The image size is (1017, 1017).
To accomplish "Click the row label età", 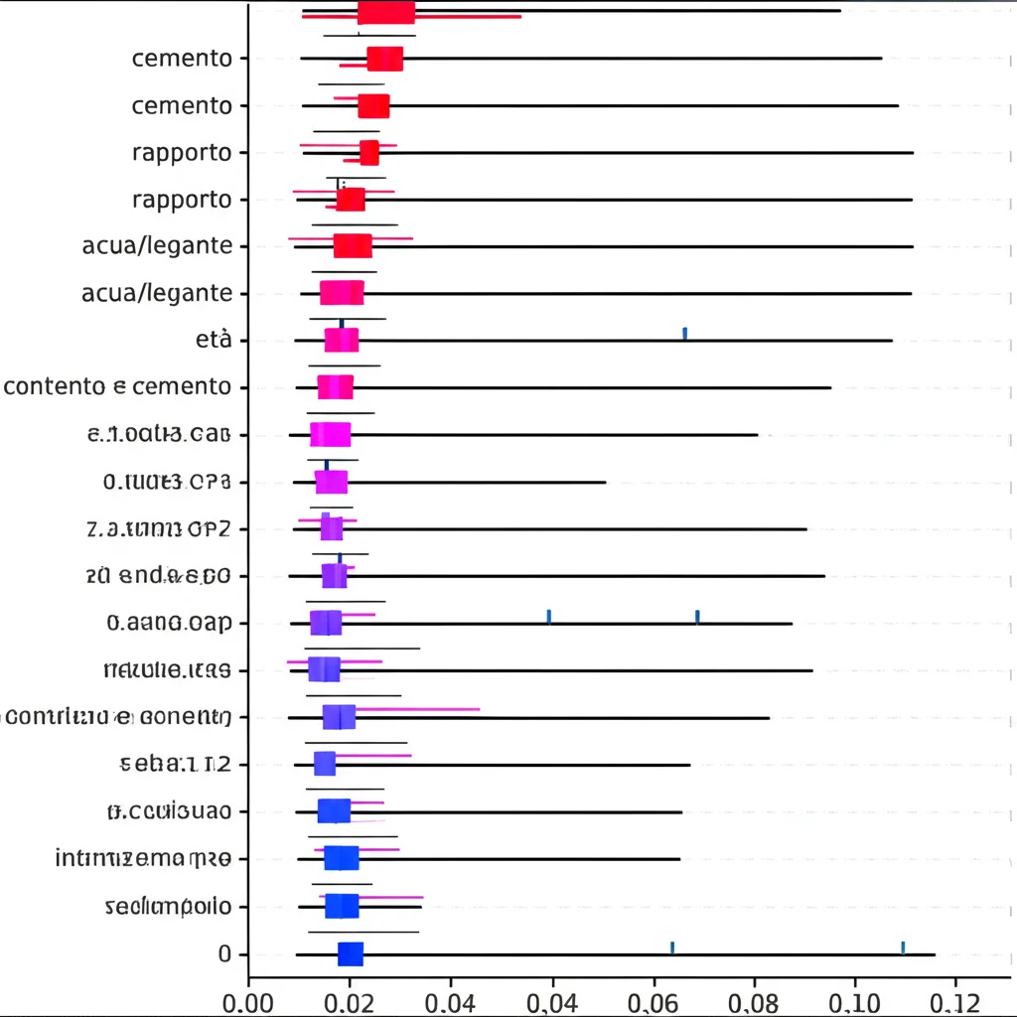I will click(215, 340).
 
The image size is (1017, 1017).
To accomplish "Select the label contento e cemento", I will click(118, 386).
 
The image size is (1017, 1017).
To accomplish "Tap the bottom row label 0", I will click(224, 954).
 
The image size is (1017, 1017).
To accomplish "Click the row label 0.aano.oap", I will click(168, 624).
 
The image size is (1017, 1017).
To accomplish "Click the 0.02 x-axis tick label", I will click(350, 997).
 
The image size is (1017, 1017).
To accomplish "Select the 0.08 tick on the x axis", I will click(755, 997).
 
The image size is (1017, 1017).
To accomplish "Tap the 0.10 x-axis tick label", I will click(855, 997).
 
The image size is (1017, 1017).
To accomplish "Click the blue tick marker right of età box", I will click(684, 333).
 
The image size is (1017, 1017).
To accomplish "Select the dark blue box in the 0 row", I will click(351, 954).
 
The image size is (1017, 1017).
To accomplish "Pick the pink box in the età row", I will click(342, 340).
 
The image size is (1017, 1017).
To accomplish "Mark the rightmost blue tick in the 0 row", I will click(902, 947).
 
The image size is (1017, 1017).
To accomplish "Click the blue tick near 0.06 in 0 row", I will click(672, 947).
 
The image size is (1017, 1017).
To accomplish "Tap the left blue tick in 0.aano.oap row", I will click(548, 617).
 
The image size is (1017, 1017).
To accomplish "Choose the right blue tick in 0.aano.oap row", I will click(697, 617).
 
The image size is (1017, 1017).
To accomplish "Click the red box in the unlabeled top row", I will click(385, 11).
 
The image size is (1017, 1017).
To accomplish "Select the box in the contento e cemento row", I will click(335, 387).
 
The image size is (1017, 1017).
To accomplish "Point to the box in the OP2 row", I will click(332, 528).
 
